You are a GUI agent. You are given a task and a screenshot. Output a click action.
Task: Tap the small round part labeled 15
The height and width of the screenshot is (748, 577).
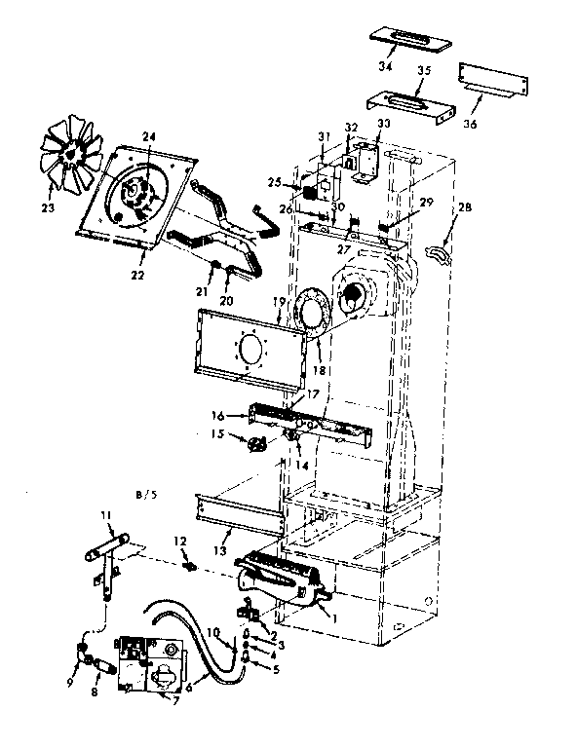pyautogui.click(x=257, y=444)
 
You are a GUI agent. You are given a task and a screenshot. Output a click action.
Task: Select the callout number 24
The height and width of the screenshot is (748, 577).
pyautogui.click(x=149, y=135)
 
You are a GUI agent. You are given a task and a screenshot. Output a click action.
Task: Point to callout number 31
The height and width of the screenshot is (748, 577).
pyautogui.click(x=324, y=134)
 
